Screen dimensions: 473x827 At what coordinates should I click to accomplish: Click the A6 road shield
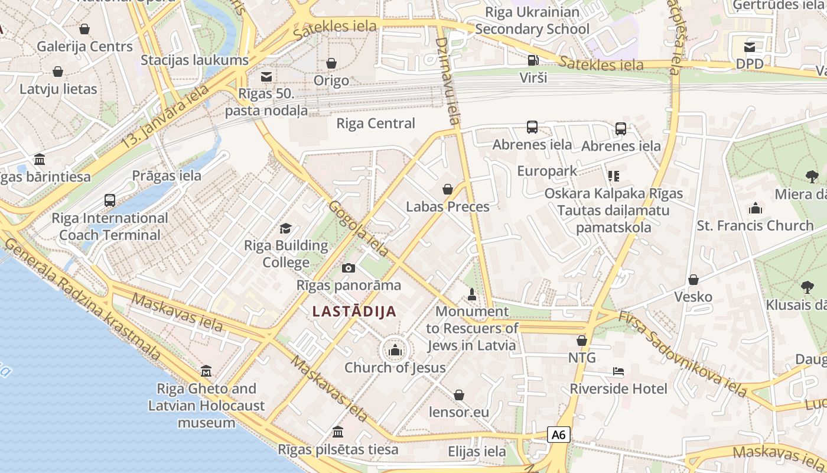tap(558, 435)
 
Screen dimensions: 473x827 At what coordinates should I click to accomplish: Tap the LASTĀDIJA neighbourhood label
tap(354, 312)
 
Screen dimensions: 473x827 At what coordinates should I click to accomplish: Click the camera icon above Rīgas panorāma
tap(349, 268)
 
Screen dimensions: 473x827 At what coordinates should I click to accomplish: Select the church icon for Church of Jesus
tap(395, 351)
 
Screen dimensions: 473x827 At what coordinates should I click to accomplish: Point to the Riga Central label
tap(376, 124)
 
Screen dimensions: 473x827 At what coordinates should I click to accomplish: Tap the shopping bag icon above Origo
tap(331, 63)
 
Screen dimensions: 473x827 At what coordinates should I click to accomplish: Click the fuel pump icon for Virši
tap(533, 60)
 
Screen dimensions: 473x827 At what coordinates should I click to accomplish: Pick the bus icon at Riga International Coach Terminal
tap(110, 200)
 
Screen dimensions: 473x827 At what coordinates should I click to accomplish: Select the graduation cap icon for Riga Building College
tap(286, 229)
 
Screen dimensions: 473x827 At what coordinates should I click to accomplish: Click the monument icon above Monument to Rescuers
tap(471, 294)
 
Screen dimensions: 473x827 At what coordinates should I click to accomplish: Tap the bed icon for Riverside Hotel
tap(618, 372)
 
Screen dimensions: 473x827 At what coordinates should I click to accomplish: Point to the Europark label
tap(547, 171)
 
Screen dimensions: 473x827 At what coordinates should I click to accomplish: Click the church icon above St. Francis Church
tap(755, 209)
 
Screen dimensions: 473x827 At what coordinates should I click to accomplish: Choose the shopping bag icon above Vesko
tap(693, 280)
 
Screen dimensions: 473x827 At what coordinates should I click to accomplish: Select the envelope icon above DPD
tap(749, 47)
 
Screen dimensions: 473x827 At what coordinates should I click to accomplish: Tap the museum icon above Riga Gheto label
tap(206, 371)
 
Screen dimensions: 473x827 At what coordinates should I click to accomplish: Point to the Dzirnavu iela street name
tap(447, 80)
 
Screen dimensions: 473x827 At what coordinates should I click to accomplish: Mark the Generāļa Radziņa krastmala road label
tap(83, 300)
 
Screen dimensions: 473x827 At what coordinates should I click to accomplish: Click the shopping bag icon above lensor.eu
tap(459, 395)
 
